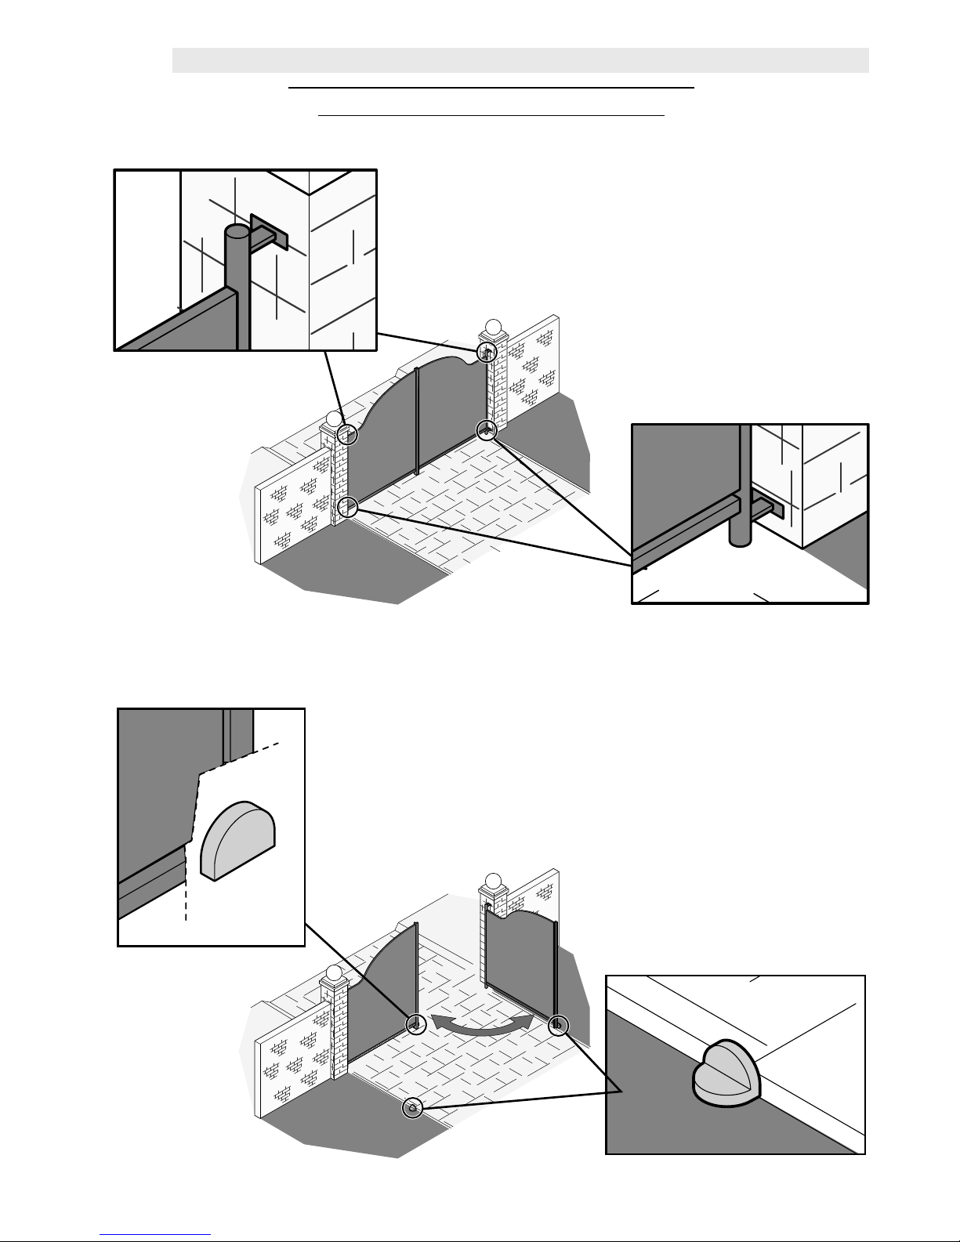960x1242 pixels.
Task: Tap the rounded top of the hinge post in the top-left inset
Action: pos(236,233)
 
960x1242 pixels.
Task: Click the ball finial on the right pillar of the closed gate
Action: pos(493,325)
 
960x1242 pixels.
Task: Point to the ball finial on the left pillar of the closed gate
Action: pos(335,419)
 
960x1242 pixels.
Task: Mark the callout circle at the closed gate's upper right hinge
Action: pos(487,353)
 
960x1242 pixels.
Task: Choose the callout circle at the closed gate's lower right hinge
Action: pos(487,430)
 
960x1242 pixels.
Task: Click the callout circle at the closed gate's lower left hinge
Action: pos(348,507)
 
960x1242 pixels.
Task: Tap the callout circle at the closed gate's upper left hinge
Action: pos(347,433)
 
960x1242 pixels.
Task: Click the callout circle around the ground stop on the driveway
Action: pos(412,1107)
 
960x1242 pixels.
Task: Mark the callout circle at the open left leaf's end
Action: pos(416,1023)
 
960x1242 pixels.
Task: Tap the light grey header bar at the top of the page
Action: pos(520,60)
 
